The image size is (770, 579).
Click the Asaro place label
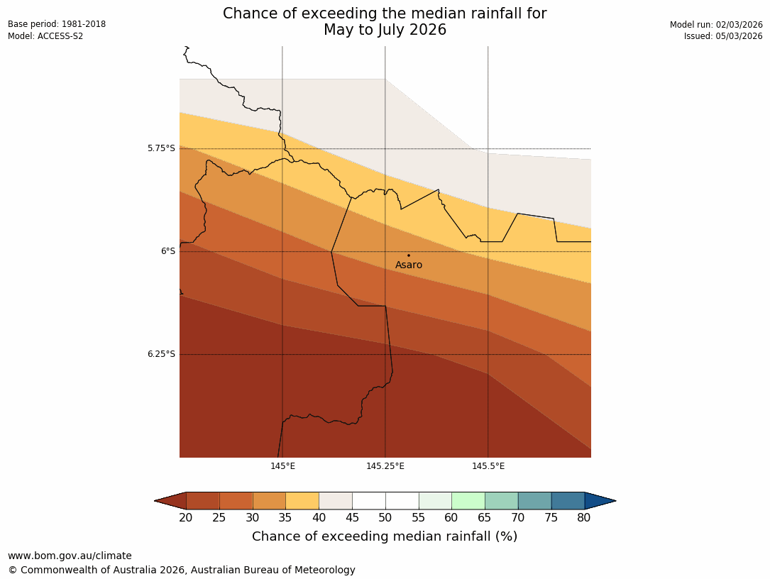coord(409,265)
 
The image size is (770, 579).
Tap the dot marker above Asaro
coord(409,255)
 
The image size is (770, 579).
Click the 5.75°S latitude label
coord(161,148)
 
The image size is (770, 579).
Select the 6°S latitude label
coord(167,251)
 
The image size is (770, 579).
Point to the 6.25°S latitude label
coord(161,354)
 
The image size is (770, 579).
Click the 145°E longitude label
coord(282,466)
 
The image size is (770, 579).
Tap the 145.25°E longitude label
coord(385,466)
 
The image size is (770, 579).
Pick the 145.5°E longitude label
coord(488,466)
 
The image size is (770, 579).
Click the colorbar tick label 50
coord(385,518)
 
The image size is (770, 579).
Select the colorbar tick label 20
coord(186,518)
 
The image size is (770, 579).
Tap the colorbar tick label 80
coord(584,518)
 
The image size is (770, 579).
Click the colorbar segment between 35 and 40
coord(302,501)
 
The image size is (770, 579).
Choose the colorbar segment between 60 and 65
coord(468,501)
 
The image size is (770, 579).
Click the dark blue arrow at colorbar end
coord(600,501)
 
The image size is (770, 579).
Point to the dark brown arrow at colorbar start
coord(170,501)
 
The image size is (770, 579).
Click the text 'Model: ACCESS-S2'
coord(45,36)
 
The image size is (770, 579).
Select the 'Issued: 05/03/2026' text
coord(723,36)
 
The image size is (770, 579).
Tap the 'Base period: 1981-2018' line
coord(57,24)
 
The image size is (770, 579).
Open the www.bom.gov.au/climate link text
coord(70,556)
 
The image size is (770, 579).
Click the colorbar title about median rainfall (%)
coord(385,536)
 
